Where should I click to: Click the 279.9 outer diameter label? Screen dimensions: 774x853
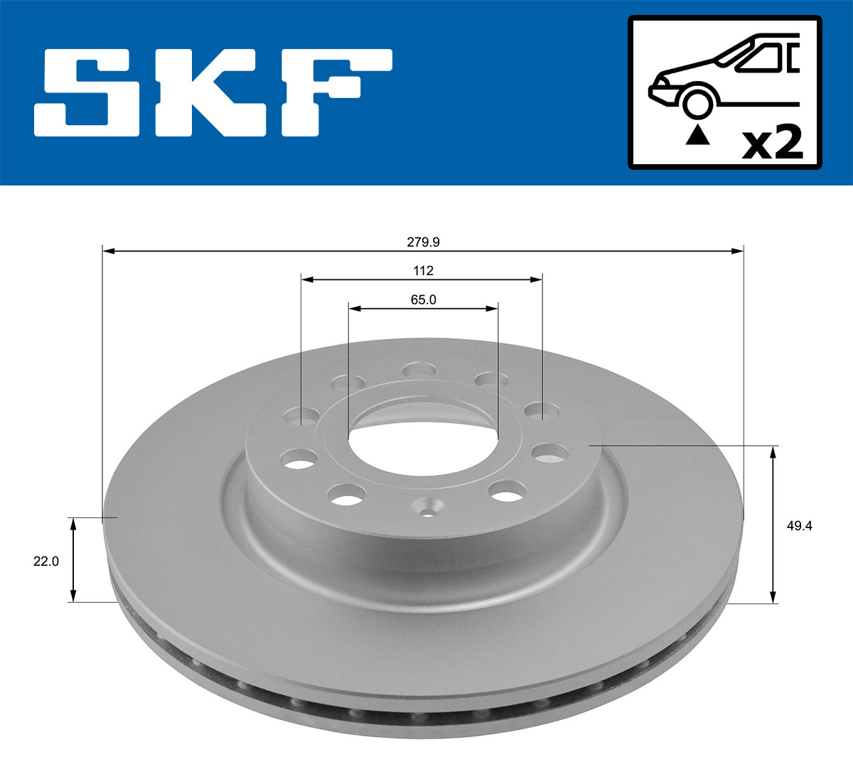pyautogui.click(x=423, y=242)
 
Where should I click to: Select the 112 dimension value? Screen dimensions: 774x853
pyautogui.click(x=423, y=271)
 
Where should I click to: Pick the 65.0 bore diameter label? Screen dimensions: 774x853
pyautogui.click(x=423, y=300)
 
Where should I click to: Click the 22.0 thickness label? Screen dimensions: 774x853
pyautogui.click(x=46, y=561)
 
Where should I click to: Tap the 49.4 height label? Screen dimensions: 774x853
pyautogui.click(x=800, y=526)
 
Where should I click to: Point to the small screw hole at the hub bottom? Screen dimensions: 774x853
pyautogui.click(x=429, y=510)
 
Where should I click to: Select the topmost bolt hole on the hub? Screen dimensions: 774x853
pyautogui.click(x=419, y=370)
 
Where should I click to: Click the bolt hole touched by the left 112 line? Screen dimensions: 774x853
pyautogui.click(x=301, y=415)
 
